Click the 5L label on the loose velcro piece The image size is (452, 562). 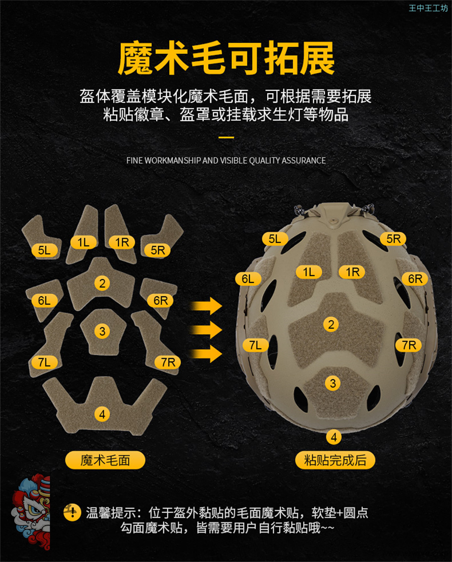click(44, 250)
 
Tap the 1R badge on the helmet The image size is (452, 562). click(352, 272)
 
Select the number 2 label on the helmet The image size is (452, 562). click(331, 325)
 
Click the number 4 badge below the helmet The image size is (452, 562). click(334, 437)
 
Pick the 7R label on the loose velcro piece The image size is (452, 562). click(167, 362)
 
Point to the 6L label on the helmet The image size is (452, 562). click(248, 279)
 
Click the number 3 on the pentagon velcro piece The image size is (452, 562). click(102, 331)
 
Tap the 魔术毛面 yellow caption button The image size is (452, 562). click(105, 460)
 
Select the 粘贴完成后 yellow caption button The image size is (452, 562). click(335, 460)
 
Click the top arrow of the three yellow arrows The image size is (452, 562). click(206, 306)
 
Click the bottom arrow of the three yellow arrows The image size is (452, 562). click(206, 354)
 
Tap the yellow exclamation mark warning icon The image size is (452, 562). click(72, 512)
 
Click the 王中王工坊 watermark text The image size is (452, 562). click(428, 8)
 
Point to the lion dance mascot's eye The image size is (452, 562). click(35, 510)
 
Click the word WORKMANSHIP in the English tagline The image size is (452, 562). click(172, 160)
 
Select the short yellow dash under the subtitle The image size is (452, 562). click(226, 137)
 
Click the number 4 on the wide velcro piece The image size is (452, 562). click(102, 414)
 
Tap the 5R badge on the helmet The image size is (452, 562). click(393, 239)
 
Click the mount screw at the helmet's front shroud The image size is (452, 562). click(334, 221)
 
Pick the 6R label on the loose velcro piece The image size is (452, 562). click(160, 300)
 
